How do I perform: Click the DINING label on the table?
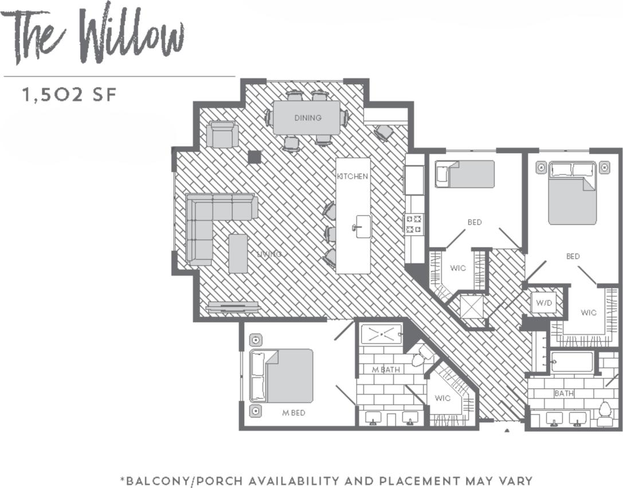[308, 118]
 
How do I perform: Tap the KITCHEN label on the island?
[352, 177]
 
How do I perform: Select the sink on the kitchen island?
[362, 226]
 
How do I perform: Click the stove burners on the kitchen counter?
[414, 224]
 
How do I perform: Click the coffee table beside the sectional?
[238, 253]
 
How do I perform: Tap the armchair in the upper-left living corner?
[222, 134]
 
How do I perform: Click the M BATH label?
[386, 370]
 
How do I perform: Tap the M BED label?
[293, 412]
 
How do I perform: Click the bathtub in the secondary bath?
[572, 362]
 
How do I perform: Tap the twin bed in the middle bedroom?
[465, 174]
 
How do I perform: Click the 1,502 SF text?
[69, 95]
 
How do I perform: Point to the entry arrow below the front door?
[507, 430]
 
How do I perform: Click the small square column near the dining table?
[254, 157]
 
